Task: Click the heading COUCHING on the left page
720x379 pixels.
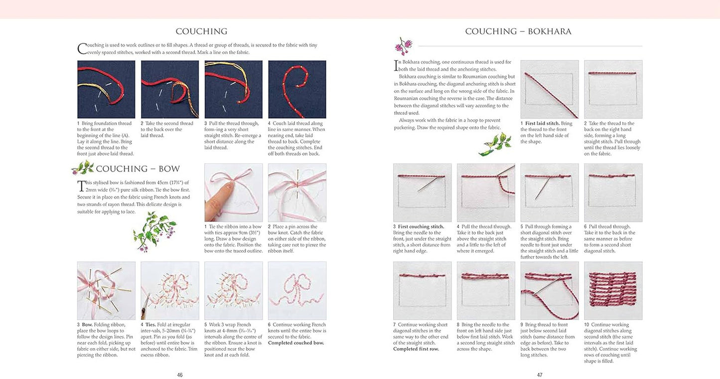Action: point(201,31)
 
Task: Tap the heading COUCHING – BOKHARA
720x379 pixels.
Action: point(518,31)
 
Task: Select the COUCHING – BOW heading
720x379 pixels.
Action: point(138,169)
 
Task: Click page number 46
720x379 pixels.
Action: point(180,375)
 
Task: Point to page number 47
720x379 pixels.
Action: point(540,375)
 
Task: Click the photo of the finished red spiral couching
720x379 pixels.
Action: point(297,89)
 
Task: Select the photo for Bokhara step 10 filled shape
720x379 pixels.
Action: point(613,291)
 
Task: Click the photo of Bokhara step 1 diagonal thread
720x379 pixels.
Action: point(549,89)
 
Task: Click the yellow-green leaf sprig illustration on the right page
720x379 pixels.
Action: point(495,144)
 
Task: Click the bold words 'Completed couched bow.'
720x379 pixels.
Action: point(296,343)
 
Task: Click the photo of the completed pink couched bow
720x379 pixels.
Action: point(297,291)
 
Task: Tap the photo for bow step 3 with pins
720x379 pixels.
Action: point(106,291)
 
